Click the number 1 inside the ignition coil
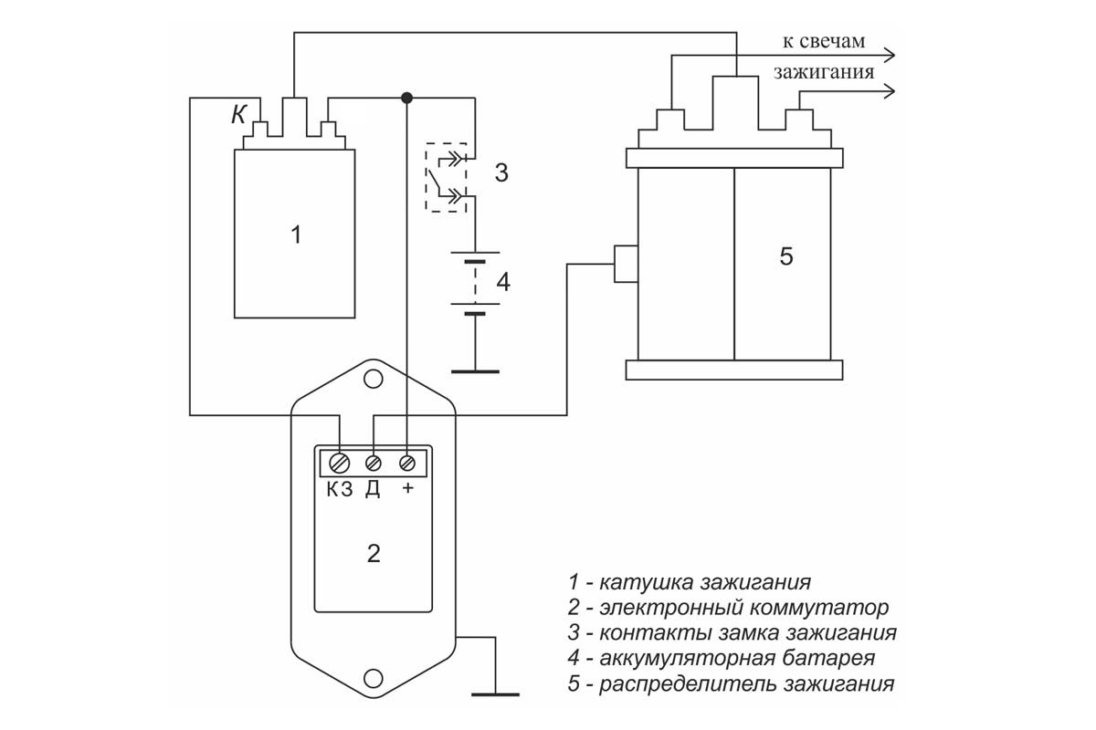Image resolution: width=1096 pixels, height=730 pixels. click(296, 235)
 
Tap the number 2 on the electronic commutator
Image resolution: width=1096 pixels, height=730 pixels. click(374, 554)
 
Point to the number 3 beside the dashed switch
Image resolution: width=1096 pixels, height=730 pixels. click(501, 172)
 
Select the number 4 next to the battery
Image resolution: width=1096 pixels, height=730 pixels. click(503, 282)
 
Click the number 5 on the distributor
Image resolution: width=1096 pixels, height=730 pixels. click(786, 256)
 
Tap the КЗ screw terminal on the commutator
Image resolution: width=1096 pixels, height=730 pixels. click(340, 463)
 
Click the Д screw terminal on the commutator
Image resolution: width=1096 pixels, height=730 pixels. click(374, 463)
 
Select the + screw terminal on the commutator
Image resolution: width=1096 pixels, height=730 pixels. click(407, 463)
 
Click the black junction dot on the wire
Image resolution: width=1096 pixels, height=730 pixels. click(406, 98)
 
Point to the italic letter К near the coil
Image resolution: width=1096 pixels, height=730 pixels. click(238, 115)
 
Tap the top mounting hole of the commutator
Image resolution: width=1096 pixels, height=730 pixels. click(374, 379)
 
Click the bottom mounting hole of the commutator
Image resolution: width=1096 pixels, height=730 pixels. click(374, 678)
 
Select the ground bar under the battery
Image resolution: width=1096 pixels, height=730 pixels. click(475, 371)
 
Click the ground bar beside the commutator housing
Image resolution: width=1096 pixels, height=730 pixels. click(495, 694)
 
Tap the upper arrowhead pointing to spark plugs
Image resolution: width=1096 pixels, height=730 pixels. click(889, 56)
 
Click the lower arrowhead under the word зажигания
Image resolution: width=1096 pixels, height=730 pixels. click(889, 91)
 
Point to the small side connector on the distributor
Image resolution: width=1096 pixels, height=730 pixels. click(627, 264)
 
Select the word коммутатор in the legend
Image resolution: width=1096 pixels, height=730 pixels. click(819, 608)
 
